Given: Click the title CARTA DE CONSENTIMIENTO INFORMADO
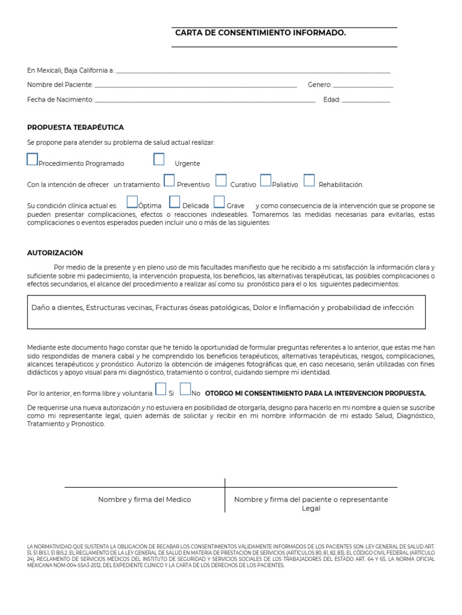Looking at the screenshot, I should (260, 33).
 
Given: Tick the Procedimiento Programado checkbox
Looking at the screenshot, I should (32, 159).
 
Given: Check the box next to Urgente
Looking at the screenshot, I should (159, 159).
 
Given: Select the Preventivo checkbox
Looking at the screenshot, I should (169, 180).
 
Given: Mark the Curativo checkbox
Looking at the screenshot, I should (221, 180).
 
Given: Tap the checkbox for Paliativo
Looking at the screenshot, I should (265, 180).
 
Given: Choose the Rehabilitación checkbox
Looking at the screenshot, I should (309, 180).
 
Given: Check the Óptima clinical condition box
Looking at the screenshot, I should (132, 201).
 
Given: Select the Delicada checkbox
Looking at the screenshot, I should (174, 201).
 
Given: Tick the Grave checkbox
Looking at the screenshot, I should (219, 201).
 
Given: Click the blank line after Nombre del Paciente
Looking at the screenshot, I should (196, 86).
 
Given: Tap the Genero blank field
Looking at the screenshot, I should (363, 86).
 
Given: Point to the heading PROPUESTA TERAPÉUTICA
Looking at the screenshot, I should (75, 128).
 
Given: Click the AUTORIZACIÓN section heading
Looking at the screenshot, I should (55, 253).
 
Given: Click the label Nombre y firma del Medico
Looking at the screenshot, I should (144, 500).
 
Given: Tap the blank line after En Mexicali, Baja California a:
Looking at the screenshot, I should (253, 71).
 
